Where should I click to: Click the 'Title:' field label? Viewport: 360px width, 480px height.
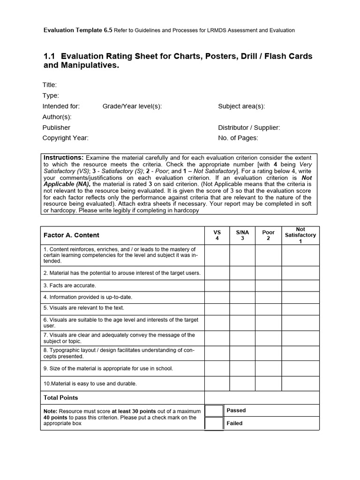point(50,85)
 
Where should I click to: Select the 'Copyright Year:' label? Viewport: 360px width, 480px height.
point(65,138)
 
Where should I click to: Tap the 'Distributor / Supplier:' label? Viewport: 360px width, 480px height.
point(249,127)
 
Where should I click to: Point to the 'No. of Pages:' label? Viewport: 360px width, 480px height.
point(238,138)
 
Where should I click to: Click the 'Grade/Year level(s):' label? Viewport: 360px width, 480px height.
point(132,106)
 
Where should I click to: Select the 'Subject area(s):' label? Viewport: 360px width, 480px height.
point(241,106)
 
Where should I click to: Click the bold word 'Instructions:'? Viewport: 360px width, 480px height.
point(64,157)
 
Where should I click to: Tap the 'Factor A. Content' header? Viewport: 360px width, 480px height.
point(71,235)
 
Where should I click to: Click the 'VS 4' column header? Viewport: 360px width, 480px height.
point(217,235)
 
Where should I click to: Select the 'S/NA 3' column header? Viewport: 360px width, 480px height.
point(242,235)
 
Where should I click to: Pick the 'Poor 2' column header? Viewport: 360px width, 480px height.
point(268,235)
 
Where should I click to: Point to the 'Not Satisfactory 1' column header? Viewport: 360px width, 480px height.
point(300,235)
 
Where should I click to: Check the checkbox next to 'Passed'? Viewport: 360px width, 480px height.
point(214,411)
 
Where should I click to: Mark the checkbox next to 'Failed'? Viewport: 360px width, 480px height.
point(214,423)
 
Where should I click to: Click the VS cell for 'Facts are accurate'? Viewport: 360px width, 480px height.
point(217,285)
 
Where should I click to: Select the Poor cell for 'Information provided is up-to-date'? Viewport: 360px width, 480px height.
point(268,297)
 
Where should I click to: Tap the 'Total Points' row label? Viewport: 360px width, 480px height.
point(61,397)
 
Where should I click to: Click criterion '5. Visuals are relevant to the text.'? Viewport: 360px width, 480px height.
point(84,308)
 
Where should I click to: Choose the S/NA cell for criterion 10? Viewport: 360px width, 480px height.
point(242,383)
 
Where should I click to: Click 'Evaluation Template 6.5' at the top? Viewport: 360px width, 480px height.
point(78,30)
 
